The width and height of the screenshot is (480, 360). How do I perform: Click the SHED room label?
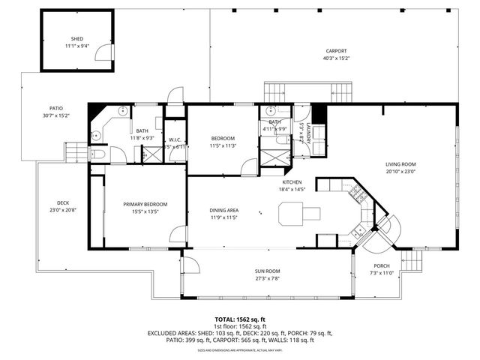77,38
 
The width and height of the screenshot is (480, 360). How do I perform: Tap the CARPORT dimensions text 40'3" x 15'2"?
336,58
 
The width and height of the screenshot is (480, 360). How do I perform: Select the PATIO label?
55,108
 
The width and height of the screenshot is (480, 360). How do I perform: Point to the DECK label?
63,203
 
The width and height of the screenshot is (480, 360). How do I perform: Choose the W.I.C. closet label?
175,139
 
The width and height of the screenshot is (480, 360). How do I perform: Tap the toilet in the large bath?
99,154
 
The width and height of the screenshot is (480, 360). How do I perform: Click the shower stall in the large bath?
149,154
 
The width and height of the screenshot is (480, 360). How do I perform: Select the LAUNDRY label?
307,133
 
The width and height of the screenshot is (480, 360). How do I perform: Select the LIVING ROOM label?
400,164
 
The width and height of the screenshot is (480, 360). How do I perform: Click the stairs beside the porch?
410,263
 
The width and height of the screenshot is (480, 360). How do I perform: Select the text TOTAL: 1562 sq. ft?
239,319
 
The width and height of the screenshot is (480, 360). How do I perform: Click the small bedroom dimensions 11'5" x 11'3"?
223,145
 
